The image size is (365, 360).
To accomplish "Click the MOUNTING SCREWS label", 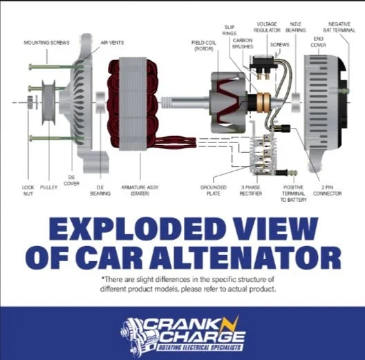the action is pyautogui.click(x=46, y=43).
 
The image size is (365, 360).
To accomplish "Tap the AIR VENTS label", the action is pyautogui.click(x=112, y=43).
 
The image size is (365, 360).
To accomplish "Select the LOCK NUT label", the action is pyautogui.click(x=28, y=190).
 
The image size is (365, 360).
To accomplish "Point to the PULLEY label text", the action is pyautogui.click(x=48, y=187).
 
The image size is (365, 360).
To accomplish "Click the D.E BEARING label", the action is pyautogui.click(x=100, y=190).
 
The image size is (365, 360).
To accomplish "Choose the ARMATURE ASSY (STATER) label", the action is pyautogui.click(x=140, y=190).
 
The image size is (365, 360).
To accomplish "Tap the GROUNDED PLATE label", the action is pyautogui.click(x=214, y=190).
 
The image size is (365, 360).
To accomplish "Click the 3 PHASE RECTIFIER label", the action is pyautogui.click(x=251, y=190).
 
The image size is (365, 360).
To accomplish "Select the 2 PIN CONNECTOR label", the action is pyautogui.click(x=327, y=190).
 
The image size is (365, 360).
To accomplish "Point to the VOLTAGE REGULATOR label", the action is pyautogui.click(x=267, y=27).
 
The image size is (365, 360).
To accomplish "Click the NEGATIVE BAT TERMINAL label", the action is pyautogui.click(x=339, y=27).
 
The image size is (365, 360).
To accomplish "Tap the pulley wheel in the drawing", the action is pyautogui.click(x=48, y=103).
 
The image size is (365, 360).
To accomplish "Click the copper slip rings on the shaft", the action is pyautogui.click(x=263, y=102).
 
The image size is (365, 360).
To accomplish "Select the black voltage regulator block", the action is pyautogui.click(x=263, y=62).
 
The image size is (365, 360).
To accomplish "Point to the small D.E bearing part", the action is pyautogui.click(x=100, y=103).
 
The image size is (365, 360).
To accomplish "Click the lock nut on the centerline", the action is pyautogui.click(x=30, y=102).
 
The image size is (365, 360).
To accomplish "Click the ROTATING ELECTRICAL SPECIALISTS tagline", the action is pyautogui.click(x=200, y=348).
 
